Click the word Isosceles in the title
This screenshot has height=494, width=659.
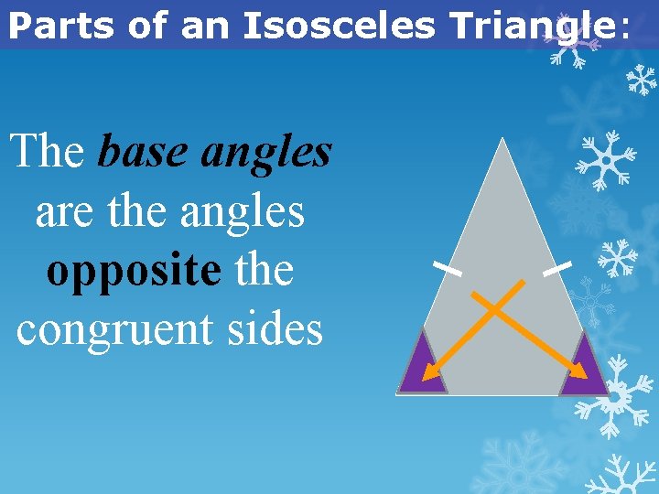[x=338, y=25]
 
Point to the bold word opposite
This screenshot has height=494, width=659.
[x=133, y=271]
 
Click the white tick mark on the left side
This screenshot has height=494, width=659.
[x=447, y=269]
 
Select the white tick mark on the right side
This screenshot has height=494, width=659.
[x=556, y=269]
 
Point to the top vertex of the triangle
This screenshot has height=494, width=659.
[x=502, y=139]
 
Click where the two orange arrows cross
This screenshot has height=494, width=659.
[x=495, y=309]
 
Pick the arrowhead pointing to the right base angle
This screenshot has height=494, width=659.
[x=581, y=371]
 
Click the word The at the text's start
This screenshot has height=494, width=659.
[x=48, y=152]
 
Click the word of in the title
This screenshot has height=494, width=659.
[x=150, y=25]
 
